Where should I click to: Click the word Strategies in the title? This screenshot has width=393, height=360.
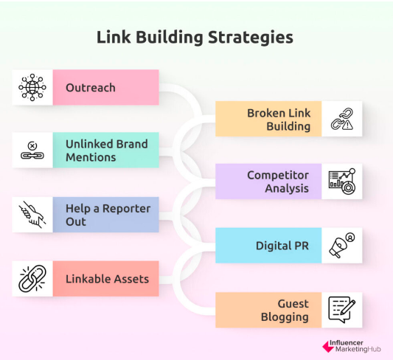[x=251, y=38]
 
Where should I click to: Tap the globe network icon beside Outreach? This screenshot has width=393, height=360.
[x=32, y=87]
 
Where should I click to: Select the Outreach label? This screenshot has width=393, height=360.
[x=91, y=88]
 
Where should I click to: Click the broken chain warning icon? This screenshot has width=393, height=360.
[x=342, y=119]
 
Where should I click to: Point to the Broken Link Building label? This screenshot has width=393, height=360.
[x=279, y=120]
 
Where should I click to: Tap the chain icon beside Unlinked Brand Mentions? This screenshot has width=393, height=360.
[x=32, y=150]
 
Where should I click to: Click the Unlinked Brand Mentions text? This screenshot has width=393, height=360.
[x=106, y=150]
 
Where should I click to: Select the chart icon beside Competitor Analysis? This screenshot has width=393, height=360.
[x=342, y=181]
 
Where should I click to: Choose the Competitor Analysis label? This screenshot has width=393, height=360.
[x=278, y=181]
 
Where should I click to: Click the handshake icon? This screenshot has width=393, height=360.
[x=32, y=215]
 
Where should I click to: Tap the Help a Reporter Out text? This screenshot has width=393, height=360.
[x=108, y=215]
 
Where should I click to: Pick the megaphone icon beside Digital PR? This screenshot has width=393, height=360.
[x=342, y=245]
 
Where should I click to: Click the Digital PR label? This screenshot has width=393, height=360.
[x=282, y=246]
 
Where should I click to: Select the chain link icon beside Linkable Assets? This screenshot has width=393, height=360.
[x=32, y=279]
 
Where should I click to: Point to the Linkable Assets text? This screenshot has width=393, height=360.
[x=107, y=279]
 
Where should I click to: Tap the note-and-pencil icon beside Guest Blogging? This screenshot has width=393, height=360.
[x=342, y=310]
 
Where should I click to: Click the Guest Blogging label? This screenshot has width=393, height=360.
[x=285, y=311]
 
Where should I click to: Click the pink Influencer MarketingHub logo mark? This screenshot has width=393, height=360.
[x=328, y=347]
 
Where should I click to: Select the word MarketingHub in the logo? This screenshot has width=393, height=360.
[x=358, y=349]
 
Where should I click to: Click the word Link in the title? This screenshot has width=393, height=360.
[x=114, y=38]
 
